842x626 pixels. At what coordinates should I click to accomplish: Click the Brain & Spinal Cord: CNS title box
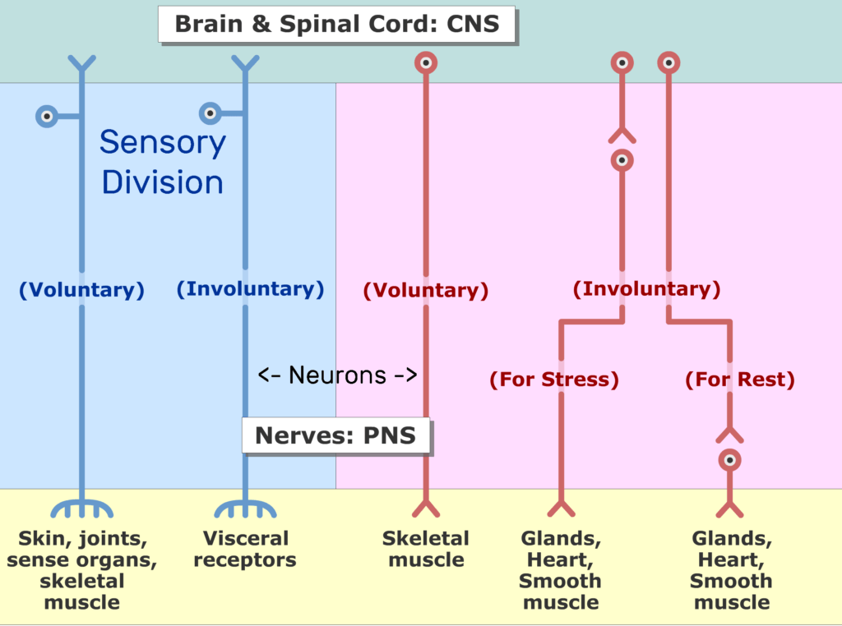(336, 24)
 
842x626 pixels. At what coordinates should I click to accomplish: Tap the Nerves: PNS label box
(335, 435)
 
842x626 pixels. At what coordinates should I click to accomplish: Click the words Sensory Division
(163, 162)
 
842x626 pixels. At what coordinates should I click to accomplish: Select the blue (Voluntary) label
(81, 290)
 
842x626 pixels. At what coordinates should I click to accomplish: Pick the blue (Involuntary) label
(250, 288)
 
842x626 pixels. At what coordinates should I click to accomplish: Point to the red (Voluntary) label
(426, 290)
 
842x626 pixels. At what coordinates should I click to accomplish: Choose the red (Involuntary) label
(646, 288)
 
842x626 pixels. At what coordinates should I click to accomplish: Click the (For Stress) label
(554, 380)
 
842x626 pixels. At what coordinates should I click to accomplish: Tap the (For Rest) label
(740, 380)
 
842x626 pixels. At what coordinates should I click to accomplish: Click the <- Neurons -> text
(337, 375)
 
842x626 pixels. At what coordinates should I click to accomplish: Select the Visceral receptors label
(245, 549)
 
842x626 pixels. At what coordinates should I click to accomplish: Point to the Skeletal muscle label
(426, 549)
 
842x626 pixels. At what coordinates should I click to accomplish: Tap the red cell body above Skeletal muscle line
(426, 62)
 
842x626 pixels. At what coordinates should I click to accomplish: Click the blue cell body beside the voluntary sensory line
(47, 116)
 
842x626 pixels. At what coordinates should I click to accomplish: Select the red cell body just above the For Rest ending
(730, 460)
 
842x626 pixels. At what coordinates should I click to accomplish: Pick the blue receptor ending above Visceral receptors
(245, 508)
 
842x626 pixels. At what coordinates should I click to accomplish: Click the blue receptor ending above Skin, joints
(81, 508)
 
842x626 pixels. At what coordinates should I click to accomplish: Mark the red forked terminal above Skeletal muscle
(426, 508)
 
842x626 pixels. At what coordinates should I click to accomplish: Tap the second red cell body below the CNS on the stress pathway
(622, 160)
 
